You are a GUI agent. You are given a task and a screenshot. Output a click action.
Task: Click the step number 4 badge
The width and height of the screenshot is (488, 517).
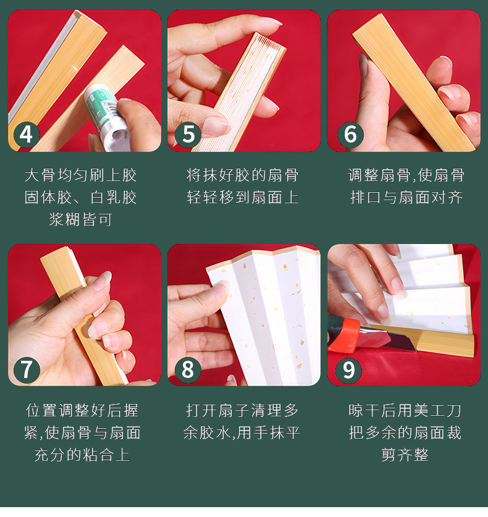(x=27, y=135)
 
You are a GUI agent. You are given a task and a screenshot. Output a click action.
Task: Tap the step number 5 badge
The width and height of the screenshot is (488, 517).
(x=188, y=135)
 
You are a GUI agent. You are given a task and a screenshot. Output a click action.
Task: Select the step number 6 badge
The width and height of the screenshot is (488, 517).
(x=350, y=135)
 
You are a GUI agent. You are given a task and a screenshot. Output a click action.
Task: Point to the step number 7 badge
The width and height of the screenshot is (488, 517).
(x=27, y=369)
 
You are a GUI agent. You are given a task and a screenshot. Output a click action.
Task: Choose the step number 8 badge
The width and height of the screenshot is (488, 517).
(x=188, y=369)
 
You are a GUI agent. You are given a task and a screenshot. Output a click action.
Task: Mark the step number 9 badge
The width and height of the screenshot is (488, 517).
(x=349, y=370)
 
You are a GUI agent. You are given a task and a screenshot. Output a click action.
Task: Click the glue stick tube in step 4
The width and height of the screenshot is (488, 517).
(x=107, y=117)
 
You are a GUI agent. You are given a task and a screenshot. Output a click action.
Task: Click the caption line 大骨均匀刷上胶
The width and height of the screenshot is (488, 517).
(x=80, y=175)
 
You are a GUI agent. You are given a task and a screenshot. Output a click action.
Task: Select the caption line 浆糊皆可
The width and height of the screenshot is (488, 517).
(x=80, y=219)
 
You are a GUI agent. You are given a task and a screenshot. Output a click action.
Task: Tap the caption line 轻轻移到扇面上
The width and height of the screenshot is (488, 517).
(x=242, y=197)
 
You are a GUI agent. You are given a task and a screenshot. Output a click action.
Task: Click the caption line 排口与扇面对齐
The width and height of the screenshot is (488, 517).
(x=406, y=197)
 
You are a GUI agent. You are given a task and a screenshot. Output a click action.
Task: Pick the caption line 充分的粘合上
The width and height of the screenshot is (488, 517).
(x=82, y=455)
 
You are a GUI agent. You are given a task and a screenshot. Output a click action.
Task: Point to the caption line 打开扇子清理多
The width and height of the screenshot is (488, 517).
(x=242, y=411)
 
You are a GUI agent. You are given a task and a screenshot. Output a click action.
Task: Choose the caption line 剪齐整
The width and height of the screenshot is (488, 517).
(x=405, y=455)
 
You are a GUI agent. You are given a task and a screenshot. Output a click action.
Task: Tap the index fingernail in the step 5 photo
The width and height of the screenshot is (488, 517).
(x=271, y=21)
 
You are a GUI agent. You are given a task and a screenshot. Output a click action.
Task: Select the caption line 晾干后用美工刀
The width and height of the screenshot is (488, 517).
(x=405, y=411)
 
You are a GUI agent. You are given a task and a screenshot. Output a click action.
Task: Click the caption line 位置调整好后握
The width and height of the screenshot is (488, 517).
(x=82, y=411)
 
